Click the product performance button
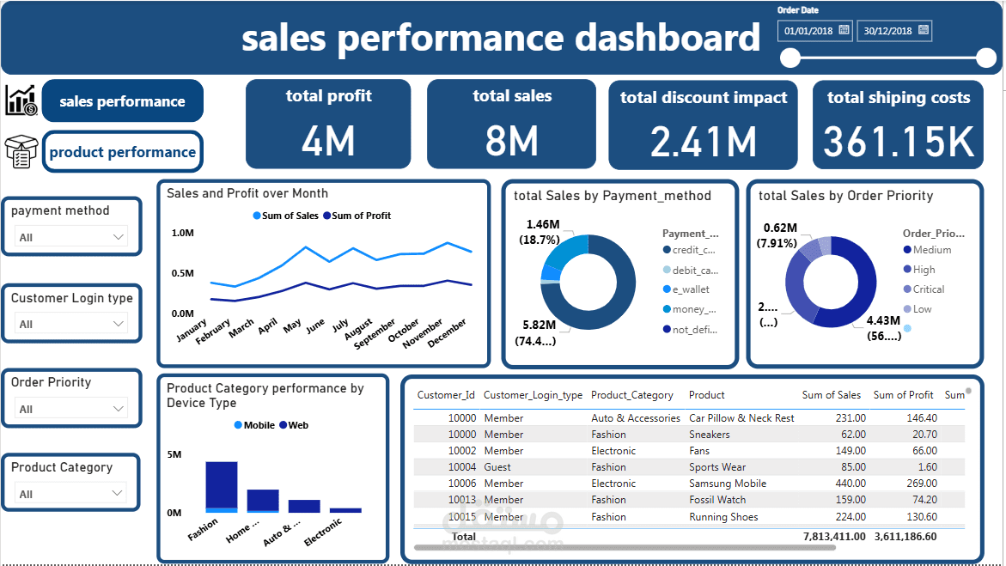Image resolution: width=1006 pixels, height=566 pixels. [x=123, y=152]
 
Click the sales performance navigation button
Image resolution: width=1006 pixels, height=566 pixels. [x=122, y=101]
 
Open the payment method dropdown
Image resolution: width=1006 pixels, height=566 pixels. [x=71, y=237]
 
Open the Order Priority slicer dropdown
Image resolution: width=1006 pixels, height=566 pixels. [x=71, y=409]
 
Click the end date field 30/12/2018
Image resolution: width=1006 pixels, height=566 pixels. [x=894, y=31]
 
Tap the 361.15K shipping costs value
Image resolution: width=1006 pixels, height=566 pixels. [x=898, y=142]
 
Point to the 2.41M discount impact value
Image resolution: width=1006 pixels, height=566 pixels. [x=703, y=142]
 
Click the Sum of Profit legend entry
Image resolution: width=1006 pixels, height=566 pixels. [x=361, y=216]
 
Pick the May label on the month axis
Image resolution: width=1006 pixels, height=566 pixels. [x=293, y=326]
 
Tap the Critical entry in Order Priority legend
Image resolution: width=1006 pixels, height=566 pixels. [x=928, y=289]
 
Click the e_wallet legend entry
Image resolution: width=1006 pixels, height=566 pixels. [x=691, y=289]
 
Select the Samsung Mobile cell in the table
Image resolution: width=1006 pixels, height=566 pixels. [x=727, y=484]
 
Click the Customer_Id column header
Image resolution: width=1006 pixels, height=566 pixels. [x=446, y=395]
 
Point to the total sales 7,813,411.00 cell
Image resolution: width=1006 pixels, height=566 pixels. [x=833, y=536]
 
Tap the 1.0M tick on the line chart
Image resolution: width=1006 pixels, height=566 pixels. [x=182, y=233]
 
